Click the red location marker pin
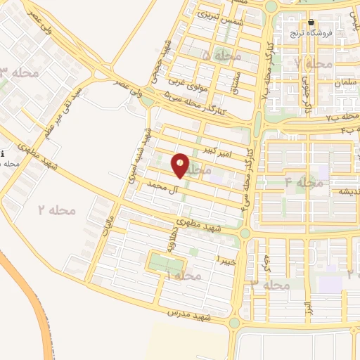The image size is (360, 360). pos(181,166)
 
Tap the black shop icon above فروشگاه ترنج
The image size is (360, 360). pos(311,22)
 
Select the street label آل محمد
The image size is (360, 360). pos(160,185)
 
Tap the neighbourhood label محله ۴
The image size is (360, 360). pos(304,182)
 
